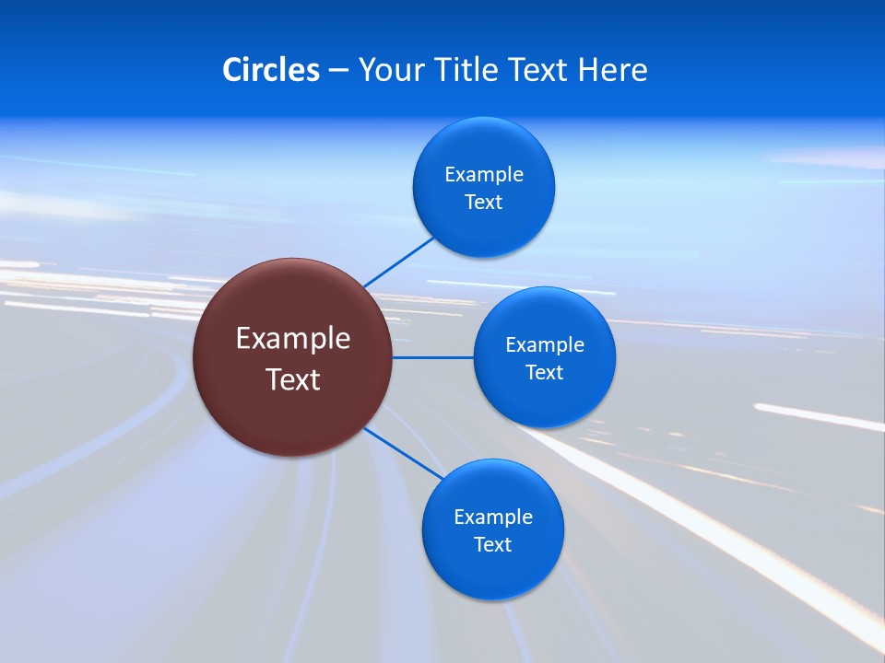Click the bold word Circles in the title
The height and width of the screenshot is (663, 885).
coord(270,70)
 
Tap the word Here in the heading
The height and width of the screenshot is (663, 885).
coord(612,70)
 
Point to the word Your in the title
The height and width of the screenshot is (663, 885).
coord(388,70)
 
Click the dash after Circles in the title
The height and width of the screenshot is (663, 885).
coord(338,71)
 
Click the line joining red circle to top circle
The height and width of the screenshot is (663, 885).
coord(399,262)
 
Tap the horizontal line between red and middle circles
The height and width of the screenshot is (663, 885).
coord(432,357)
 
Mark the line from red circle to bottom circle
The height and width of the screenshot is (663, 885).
coord(403,452)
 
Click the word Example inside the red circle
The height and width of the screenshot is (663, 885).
coord(293,339)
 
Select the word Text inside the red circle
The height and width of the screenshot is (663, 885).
coord(293,379)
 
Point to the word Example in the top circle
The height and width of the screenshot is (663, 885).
coord(484,175)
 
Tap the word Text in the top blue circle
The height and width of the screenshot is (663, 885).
coord(483,203)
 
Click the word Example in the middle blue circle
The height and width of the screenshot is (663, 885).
coord(545,345)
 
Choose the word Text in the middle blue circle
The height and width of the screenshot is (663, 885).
coord(544,373)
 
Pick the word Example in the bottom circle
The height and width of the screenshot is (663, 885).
coord(493,518)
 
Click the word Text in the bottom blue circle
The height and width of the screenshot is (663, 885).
coord(492,545)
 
